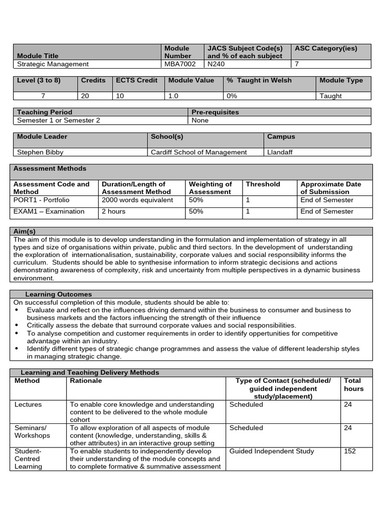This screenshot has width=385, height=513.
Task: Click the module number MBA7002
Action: (178, 64)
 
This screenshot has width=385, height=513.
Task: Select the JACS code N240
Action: (216, 64)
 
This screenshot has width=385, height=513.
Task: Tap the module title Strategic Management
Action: (53, 64)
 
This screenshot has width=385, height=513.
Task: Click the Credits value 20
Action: (85, 96)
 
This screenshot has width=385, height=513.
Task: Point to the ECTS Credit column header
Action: (136, 80)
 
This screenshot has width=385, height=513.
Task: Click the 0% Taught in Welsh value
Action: (232, 96)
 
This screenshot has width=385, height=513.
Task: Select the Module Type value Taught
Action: (330, 96)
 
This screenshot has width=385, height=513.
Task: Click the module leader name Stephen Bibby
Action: (40, 152)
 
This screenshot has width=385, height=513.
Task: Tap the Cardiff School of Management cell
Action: (199, 152)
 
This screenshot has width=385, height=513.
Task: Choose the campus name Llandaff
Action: (281, 152)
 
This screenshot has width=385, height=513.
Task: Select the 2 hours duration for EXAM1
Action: (114, 211)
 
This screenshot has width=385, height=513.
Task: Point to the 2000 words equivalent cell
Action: (137, 200)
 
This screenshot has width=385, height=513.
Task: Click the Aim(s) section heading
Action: (25, 231)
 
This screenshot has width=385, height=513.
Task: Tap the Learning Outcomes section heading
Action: (58, 294)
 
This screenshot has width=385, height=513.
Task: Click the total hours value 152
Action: (350, 451)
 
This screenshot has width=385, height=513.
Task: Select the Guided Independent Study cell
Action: (271, 451)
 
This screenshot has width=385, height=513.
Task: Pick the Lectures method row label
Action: (28, 405)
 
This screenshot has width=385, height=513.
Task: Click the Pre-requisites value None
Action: (200, 120)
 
